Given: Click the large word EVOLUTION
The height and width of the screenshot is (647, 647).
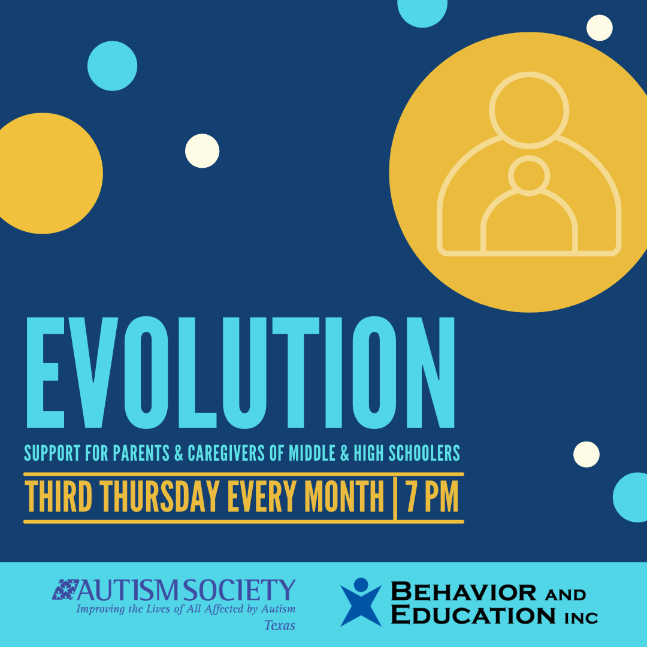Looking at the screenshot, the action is (241, 373).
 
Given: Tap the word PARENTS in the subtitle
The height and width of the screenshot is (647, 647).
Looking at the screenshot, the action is (141, 453).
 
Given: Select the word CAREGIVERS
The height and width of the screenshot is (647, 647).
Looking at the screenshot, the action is (226, 453).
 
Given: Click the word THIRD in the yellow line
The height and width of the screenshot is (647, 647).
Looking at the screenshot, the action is (59, 497).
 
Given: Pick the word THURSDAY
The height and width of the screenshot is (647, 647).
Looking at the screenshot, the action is (159, 497).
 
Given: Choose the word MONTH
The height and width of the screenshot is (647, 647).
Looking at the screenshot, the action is (344, 497).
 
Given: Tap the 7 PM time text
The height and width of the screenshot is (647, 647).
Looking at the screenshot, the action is (432, 497).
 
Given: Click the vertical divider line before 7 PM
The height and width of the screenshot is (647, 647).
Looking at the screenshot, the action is (395, 498).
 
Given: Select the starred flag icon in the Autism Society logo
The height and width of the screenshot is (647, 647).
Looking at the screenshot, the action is (65, 589).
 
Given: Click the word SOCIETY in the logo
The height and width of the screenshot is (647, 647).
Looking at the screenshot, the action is (239, 590).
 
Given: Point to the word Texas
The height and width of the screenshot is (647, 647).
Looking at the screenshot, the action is (280, 625).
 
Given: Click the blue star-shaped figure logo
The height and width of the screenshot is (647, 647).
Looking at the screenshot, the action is (361, 602).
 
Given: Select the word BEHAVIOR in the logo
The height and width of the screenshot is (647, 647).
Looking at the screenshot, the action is (463, 592).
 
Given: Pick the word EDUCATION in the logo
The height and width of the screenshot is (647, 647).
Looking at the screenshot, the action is (473, 615).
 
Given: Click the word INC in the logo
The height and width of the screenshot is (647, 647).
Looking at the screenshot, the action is (581, 618).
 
